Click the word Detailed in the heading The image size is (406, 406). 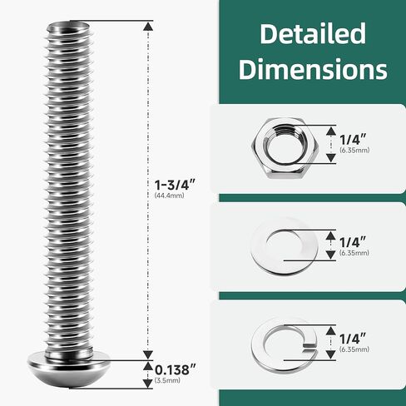pyautogui.click(x=312, y=34)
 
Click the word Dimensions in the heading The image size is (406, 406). pyautogui.click(x=312, y=68)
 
